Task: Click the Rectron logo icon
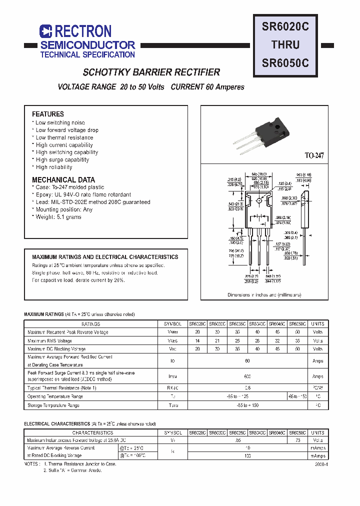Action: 46,31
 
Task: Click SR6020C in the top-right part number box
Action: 285,26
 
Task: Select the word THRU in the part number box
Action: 285,44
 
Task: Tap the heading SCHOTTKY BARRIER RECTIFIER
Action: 151,72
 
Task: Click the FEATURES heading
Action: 48,114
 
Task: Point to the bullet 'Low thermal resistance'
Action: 64,137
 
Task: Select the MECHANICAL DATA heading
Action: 63,179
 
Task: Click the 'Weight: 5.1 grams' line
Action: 58,217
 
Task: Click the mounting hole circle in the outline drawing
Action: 259,201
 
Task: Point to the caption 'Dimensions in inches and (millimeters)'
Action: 264,295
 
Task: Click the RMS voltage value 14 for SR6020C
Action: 197,340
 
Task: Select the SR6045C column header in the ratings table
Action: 277,323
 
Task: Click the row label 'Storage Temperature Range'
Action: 53,405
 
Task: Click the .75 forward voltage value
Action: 297,440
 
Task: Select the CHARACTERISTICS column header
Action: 92,432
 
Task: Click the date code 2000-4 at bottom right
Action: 321,464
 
